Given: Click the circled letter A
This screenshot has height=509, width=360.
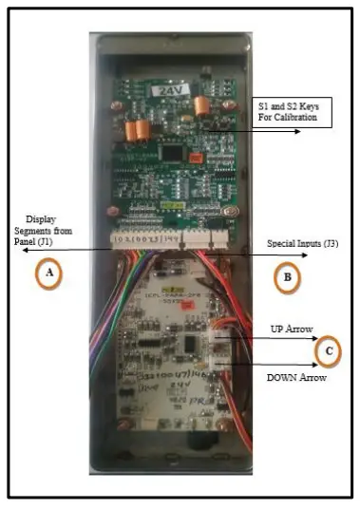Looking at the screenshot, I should point(49,275).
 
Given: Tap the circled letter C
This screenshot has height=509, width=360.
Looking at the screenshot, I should point(328,352).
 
